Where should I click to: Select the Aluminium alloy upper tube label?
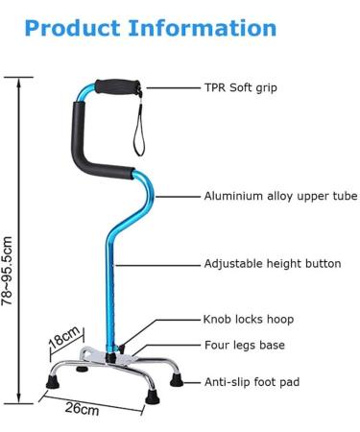click(x=279, y=196)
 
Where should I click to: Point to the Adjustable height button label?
click(x=272, y=264)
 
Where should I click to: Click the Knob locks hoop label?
click(x=248, y=320)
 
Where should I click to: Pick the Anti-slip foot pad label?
click(x=252, y=382)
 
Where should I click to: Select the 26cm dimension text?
click(x=83, y=410)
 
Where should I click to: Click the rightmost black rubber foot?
click(x=177, y=379)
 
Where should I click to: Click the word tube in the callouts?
click(x=343, y=196)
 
